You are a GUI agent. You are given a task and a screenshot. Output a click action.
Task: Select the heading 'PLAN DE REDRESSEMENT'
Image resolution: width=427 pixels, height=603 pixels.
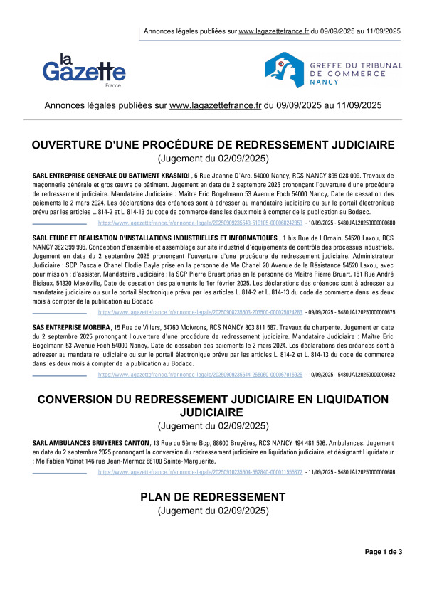point(213,496)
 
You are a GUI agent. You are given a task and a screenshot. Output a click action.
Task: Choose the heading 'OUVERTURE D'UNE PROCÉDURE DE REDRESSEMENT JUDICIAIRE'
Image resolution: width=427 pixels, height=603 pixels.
point(213,145)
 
